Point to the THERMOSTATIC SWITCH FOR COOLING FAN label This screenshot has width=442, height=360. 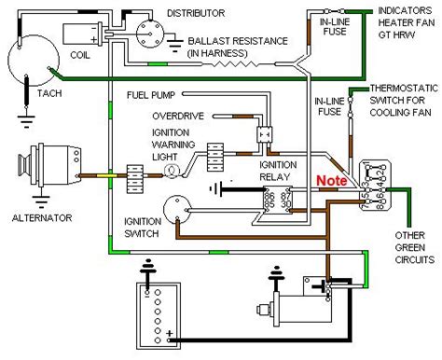pos(397,98)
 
